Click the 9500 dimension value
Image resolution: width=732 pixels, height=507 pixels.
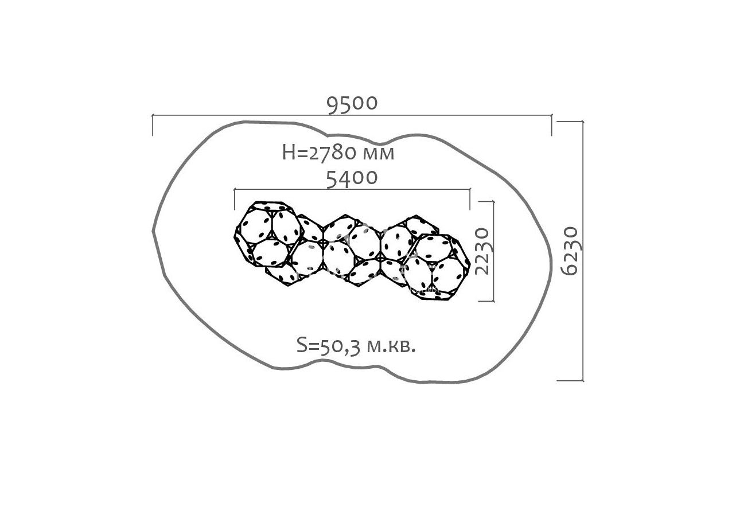point(352,104)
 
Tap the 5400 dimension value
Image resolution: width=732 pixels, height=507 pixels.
point(352,179)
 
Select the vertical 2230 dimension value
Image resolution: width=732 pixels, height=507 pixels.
point(482,251)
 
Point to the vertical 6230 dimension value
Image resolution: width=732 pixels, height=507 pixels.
point(569,251)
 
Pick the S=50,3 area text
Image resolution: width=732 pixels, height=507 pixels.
point(328,346)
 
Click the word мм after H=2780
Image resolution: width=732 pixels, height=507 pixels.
point(379,154)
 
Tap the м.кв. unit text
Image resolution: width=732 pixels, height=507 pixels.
point(391,346)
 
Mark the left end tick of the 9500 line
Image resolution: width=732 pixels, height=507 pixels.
point(153,125)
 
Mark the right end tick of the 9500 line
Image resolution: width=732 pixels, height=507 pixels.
point(552,125)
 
